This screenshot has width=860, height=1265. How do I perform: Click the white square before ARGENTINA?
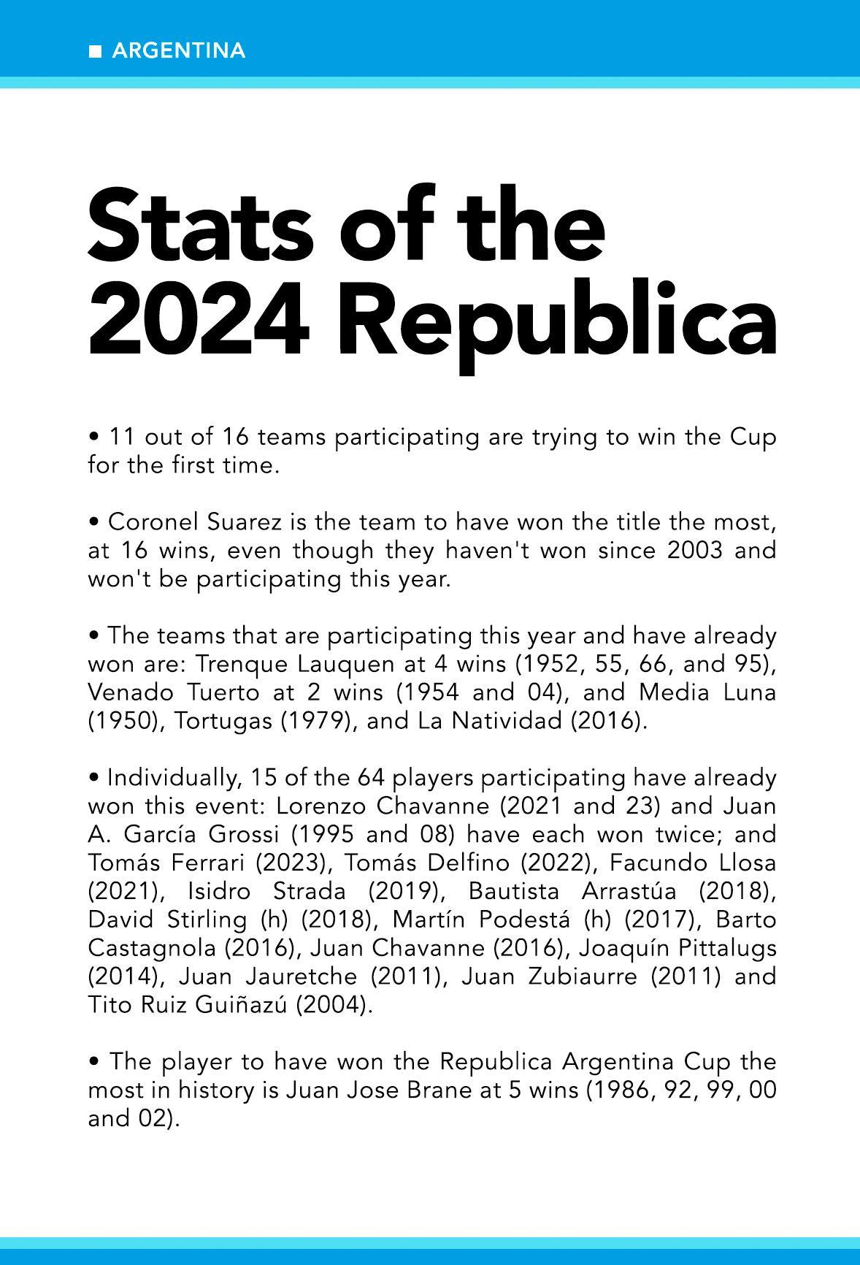click(x=94, y=51)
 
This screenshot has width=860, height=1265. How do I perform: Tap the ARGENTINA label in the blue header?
click(x=179, y=51)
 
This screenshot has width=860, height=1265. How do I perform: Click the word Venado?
click(x=128, y=692)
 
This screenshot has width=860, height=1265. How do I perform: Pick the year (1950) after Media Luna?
click(x=117, y=721)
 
